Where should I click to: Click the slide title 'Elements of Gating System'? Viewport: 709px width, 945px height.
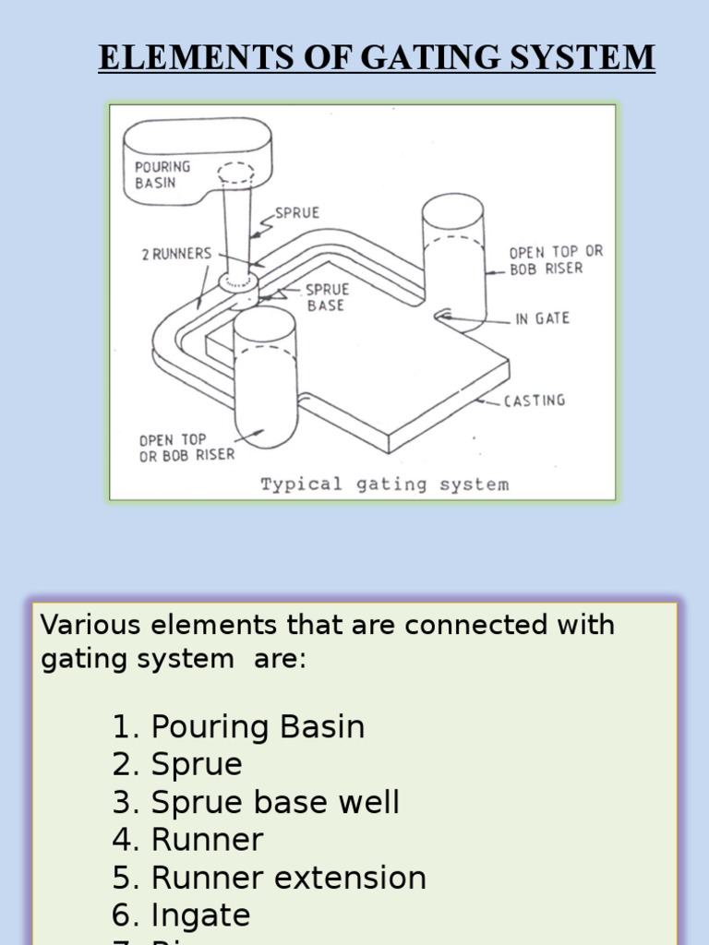tap(377, 58)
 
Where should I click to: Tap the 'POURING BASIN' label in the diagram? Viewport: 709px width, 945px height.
tap(162, 174)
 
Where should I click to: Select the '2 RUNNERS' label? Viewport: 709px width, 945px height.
tap(176, 254)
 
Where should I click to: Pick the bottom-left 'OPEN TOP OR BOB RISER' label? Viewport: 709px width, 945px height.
tap(186, 448)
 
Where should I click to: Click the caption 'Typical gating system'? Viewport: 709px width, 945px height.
tap(384, 484)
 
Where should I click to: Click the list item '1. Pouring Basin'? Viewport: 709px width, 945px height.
tap(238, 727)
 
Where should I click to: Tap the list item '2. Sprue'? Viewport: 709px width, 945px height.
tap(177, 765)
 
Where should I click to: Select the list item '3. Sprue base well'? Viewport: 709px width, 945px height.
tap(256, 803)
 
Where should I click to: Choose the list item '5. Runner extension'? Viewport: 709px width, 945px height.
tap(269, 878)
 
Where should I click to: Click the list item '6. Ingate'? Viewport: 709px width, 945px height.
tap(181, 915)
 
